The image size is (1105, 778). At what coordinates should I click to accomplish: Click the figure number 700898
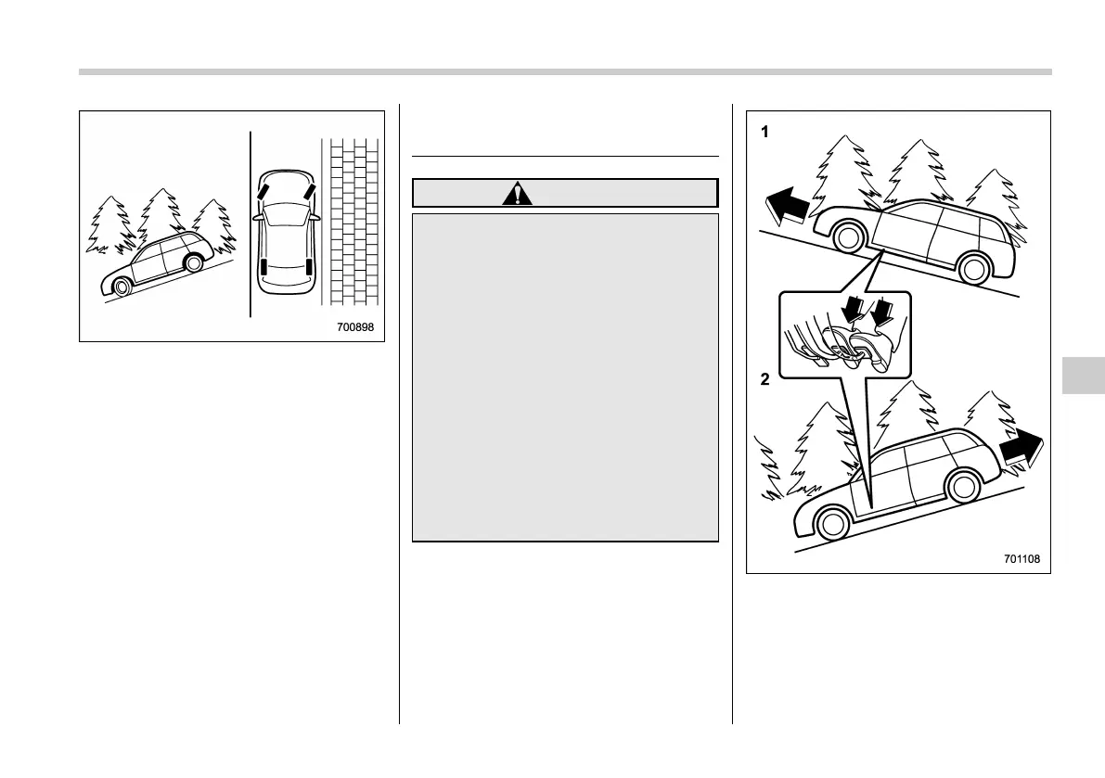[360, 327]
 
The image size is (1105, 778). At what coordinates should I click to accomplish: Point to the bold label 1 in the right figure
[765, 133]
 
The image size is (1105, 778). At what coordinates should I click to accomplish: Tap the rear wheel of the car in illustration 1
[974, 269]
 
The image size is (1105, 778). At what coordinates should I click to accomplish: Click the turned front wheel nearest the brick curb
[307, 196]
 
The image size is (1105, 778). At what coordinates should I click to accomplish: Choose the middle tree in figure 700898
[160, 218]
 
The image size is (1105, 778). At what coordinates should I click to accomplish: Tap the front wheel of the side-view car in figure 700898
[121, 286]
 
